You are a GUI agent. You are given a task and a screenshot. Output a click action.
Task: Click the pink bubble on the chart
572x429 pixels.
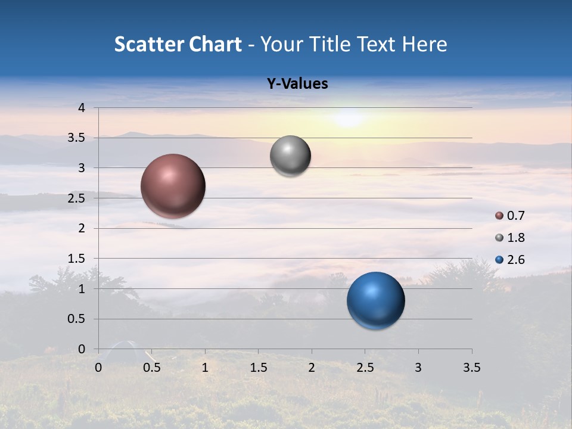(x=173, y=186)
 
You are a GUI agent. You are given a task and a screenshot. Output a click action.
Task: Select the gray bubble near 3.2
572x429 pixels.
(x=290, y=156)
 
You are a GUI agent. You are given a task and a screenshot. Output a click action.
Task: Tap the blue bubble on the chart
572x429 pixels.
(x=376, y=300)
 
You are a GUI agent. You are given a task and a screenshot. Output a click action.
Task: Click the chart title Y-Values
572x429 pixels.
(x=297, y=84)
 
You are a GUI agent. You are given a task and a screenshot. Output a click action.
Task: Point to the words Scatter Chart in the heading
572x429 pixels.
(x=178, y=44)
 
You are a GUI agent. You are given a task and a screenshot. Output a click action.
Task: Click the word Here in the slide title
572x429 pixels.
(x=424, y=44)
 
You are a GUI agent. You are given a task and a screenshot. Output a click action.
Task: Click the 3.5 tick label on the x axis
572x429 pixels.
(x=471, y=368)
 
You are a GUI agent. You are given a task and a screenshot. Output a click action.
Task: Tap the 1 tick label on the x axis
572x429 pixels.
(x=205, y=368)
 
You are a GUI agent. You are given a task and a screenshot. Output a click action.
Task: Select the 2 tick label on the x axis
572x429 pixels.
(x=312, y=368)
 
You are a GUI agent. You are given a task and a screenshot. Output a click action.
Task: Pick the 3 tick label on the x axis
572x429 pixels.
(x=418, y=368)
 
